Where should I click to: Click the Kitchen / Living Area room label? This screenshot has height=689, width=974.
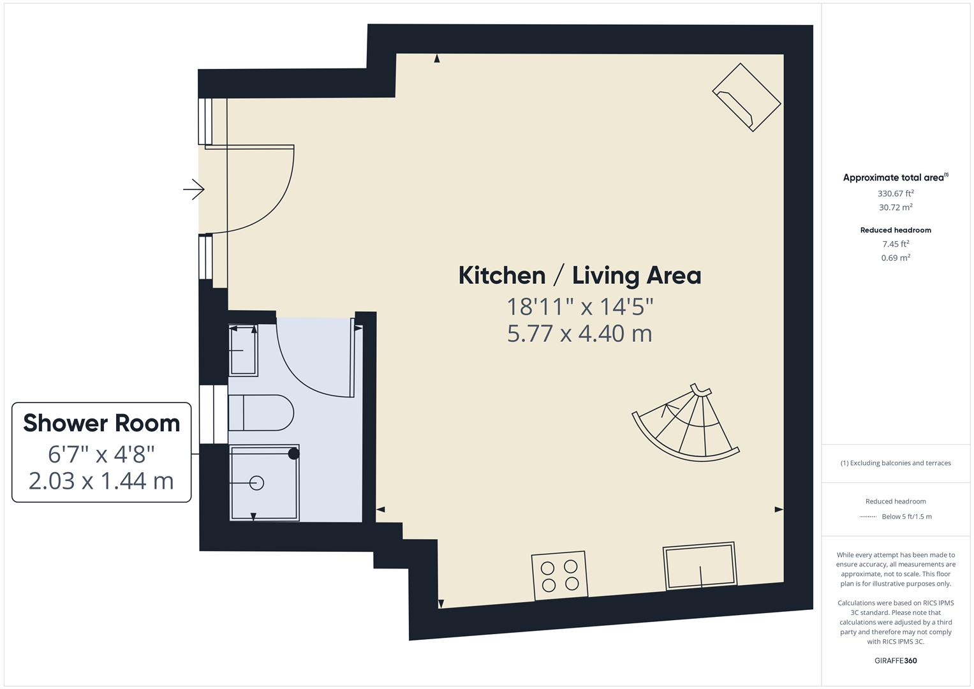pos(580,276)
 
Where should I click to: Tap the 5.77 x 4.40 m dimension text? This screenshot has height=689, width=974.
pos(580,334)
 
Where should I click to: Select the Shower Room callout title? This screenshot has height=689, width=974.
pos(101,424)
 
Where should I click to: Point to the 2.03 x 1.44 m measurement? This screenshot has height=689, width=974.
pos(101,480)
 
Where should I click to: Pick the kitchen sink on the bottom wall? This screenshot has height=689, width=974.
pos(700,566)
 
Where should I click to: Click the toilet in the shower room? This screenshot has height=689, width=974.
pos(260,413)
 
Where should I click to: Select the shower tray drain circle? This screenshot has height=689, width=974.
pos(257,483)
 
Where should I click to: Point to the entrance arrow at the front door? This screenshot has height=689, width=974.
pos(193,189)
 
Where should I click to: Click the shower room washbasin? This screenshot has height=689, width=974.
pos(243,350)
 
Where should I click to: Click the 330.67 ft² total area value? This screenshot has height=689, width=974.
pos(896,193)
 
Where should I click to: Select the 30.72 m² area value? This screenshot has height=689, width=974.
pos(896,207)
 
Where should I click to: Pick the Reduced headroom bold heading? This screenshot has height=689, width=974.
pos(896,230)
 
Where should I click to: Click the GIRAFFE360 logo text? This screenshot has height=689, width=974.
pos(896,660)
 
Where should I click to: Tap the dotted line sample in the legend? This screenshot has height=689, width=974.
pos(868,517)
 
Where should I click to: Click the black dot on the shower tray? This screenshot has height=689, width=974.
pos(293,454)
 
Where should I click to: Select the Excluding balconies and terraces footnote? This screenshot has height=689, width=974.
pos(896,463)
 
